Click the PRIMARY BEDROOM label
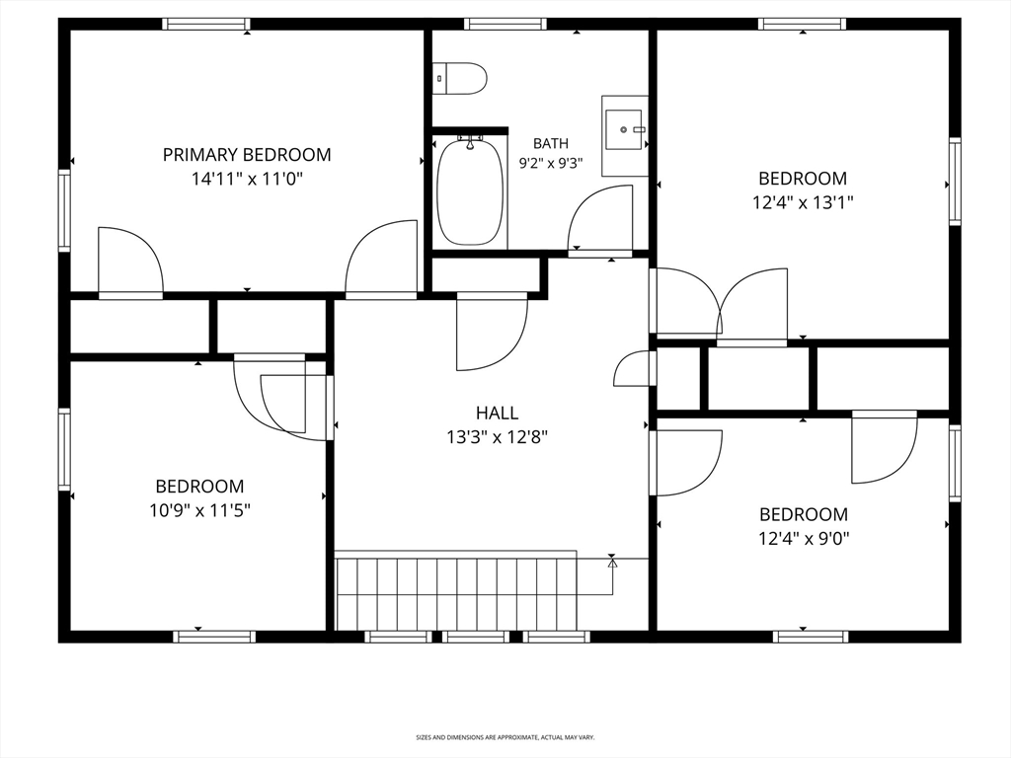click(247, 155)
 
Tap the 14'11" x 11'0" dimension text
click(247, 179)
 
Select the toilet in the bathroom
click(459, 79)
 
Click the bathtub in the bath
click(470, 190)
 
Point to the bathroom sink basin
click(624, 129)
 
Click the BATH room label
click(551, 143)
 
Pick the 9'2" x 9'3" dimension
click(551, 163)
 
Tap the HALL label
click(498, 413)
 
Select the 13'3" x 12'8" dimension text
click(498, 437)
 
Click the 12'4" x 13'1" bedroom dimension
click(803, 202)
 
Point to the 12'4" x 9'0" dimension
click(803, 538)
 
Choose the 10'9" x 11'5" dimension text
click(199, 510)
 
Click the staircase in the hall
click(456, 590)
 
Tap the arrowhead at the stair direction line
click(612, 563)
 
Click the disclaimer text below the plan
click(505, 736)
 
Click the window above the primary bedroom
click(205, 24)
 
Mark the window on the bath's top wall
click(505, 24)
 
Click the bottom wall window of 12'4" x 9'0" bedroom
click(810, 637)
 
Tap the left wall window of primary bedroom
click(64, 210)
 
